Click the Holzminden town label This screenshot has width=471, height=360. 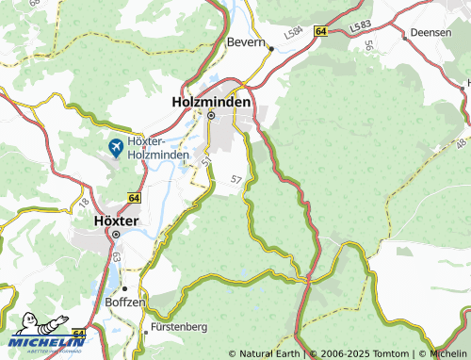(x=211, y=101)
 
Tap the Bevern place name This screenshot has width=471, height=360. (x=247, y=41)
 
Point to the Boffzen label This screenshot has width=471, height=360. (x=126, y=303)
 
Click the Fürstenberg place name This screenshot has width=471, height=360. (x=177, y=327)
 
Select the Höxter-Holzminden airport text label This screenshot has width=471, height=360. (x=158, y=147)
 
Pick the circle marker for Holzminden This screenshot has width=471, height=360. (x=211, y=116)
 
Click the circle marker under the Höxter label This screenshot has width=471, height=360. (x=117, y=234)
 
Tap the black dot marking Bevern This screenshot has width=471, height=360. (x=269, y=47)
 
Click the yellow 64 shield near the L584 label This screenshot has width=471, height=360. (x=320, y=31)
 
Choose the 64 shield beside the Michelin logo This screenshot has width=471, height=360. (x=78, y=334)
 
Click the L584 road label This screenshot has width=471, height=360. (x=296, y=31)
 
